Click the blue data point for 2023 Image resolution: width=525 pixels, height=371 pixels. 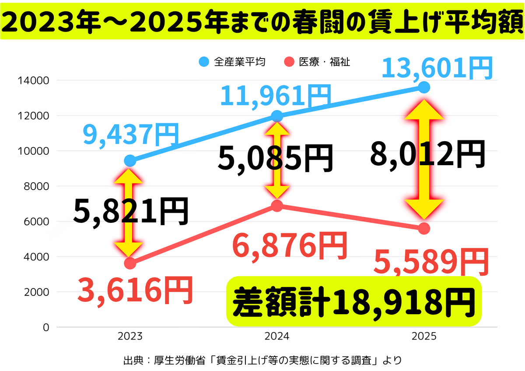(130, 161)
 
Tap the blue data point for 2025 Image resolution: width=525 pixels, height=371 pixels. (424, 87)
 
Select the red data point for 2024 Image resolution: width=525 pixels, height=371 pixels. (277, 205)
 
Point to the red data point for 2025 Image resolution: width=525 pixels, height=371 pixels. (424, 228)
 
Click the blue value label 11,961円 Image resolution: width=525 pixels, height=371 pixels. (275, 96)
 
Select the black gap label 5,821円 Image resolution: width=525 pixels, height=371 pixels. (131, 211)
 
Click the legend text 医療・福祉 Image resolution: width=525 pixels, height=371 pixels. (325, 62)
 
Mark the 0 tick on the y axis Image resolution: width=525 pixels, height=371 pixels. (45, 327)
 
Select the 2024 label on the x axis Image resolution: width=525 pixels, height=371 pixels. (276, 336)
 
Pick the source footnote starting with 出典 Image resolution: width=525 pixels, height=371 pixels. (262, 361)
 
